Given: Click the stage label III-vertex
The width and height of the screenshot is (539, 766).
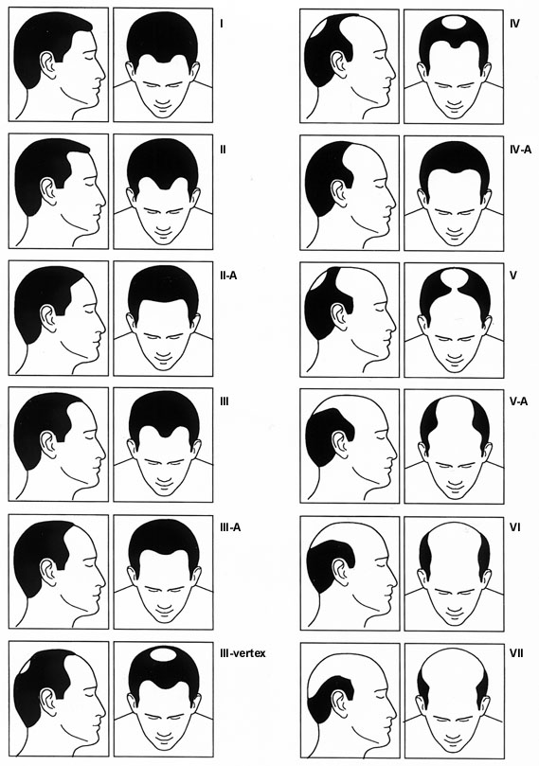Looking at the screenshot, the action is tap(243, 653).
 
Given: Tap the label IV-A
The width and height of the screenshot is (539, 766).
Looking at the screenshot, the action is tap(520, 150).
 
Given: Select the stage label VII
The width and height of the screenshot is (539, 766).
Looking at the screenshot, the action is tap(516, 653).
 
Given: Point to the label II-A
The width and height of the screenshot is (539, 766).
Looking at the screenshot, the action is tap(228, 276).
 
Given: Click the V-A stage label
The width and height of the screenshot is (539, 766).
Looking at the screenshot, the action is tap(518, 402).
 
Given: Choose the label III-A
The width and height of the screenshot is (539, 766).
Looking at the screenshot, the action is tap(230, 528).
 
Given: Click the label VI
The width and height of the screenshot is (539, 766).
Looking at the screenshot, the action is tap(515, 528).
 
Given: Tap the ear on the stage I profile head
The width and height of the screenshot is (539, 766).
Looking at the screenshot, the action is tap(48, 65).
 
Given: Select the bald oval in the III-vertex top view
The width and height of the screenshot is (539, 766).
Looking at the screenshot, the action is tap(164, 654).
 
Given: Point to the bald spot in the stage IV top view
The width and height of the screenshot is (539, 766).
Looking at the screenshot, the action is tap(455, 22).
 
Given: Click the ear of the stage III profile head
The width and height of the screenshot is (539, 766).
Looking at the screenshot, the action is tap(48, 443).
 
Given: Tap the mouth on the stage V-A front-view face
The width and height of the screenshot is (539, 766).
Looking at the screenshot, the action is tap(455, 484).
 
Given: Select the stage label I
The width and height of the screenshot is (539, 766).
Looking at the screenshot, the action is tap(222, 23).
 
